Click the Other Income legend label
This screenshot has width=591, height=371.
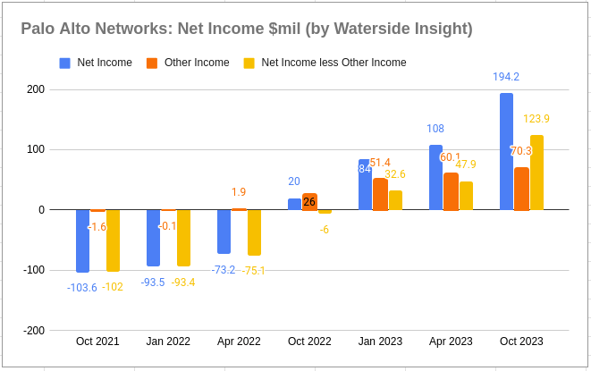tap(197, 63)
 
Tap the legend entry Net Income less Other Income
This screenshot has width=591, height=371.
tap(333, 63)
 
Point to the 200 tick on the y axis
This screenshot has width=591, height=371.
tap(35, 89)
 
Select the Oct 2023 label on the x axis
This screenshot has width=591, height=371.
tap(520, 341)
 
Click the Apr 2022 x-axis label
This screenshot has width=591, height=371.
tap(239, 341)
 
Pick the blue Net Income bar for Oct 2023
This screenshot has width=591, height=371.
tap(506, 151)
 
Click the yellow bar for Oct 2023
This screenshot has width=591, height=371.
tap(536, 173)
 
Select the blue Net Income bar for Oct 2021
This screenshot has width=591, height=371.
tap(82, 240)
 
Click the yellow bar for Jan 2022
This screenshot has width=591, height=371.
tap(183, 238)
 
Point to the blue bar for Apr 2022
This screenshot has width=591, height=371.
tap(224, 232)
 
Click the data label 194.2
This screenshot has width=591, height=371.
tap(507, 77)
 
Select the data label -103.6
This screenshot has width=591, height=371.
tap(82, 287)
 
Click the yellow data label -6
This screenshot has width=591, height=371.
tap(325, 229)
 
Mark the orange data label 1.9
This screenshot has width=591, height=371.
tap(239, 192)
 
